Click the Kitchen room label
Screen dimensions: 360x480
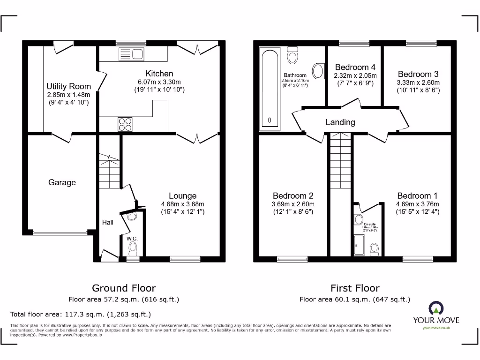[x=159, y=74]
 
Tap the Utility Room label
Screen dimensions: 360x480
[x=68, y=86]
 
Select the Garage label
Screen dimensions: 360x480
[x=62, y=182]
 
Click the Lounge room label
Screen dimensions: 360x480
[x=182, y=195]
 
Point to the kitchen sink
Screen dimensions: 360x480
[x=132, y=54]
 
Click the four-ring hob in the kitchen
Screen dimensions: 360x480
[x=125, y=124]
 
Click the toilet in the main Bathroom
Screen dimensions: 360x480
[x=293, y=55]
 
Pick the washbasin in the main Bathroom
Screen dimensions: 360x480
[x=318, y=72]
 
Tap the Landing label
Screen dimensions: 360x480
[x=340, y=122]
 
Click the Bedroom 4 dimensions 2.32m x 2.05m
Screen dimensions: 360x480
[x=355, y=75]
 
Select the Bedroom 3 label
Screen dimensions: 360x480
[x=418, y=74]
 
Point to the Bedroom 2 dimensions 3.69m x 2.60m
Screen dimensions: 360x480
[x=293, y=204]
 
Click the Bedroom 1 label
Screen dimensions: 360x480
[x=417, y=195]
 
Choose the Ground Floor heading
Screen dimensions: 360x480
[x=124, y=288]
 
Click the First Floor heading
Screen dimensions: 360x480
[x=355, y=288]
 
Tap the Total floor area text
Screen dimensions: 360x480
[x=81, y=314]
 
